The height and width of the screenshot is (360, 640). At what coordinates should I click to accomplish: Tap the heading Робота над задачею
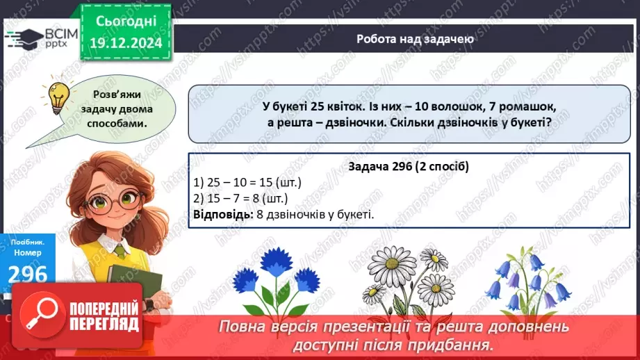(415, 39)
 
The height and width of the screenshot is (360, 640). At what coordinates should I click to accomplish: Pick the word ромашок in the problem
(532, 108)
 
